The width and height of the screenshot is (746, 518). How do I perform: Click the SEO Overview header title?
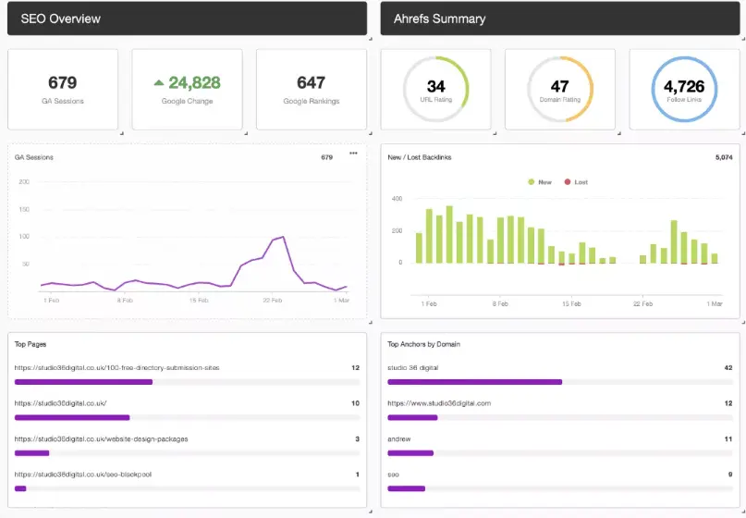[61, 18]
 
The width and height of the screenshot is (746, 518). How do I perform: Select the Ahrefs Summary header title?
[439, 18]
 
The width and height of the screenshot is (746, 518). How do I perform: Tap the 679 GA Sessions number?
[63, 83]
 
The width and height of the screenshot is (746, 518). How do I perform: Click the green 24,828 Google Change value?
[188, 83]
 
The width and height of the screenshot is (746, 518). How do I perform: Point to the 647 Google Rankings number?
[312, 83]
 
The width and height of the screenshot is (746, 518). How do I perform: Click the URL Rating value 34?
[436, 87]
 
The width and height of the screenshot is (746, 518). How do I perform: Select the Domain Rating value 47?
[560, 87]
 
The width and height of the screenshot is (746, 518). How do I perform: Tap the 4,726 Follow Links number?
[684, 87]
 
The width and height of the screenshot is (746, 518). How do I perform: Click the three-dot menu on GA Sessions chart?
[353, 154]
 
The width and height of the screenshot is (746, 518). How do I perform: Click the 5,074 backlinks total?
[723, 157]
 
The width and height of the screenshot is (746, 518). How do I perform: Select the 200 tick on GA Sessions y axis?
[24, 181]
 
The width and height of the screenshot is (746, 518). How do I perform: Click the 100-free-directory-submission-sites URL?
[117, 367]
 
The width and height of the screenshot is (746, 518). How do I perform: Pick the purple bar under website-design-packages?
[32, 453]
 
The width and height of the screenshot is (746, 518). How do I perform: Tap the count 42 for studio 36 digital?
[728, 367]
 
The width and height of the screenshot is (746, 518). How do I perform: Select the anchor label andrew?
[399, 439]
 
